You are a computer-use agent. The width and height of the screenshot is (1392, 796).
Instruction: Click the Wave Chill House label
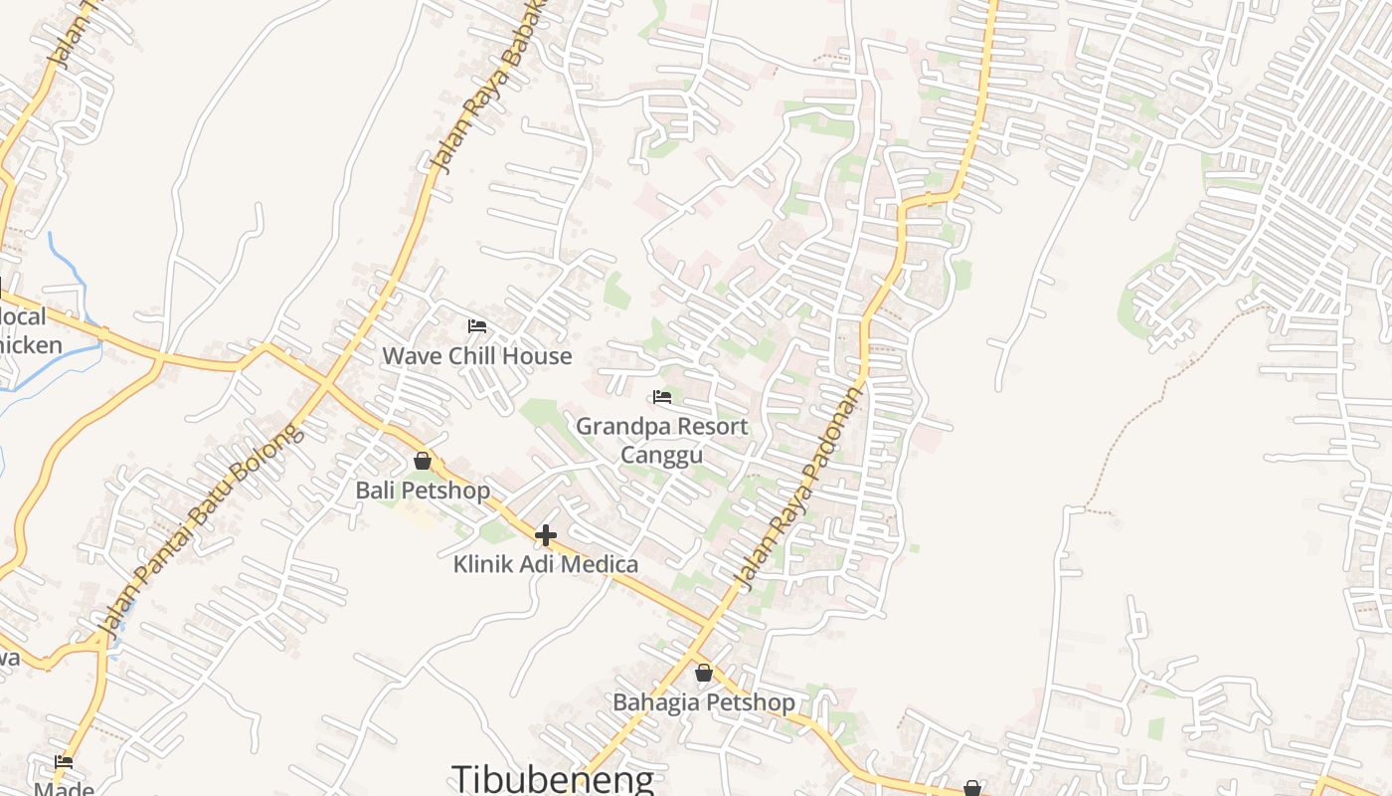[477, 356]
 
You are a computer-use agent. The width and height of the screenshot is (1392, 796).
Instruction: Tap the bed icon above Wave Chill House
[477, 325]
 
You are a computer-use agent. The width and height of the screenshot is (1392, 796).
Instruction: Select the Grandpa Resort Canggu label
[662, 440]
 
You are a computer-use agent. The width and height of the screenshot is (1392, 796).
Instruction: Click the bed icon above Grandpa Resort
[662, 397]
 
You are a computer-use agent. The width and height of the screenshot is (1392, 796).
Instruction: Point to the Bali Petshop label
[423, 491]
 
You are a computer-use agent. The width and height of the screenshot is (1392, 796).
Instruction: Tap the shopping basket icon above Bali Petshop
[423, 461]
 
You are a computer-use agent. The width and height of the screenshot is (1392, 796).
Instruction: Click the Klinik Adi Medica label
[546, 564]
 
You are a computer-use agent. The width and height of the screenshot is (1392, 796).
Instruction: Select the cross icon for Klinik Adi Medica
[545, 535]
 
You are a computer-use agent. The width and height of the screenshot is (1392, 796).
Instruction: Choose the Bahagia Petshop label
[704, 702]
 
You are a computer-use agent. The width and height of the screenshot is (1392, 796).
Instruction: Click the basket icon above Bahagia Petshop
[704, 673]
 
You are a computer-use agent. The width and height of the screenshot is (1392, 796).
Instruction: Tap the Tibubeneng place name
[553, 779]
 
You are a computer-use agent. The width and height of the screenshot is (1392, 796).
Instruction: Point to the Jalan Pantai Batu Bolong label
[199, 532]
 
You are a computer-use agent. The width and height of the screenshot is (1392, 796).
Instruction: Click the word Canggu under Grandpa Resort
[662, 456]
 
